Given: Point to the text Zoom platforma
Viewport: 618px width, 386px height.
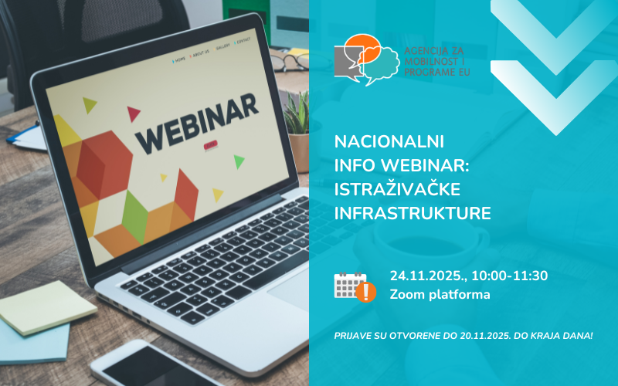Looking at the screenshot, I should pos(440,294).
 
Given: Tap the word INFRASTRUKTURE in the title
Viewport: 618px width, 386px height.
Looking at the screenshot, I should pos(413,213).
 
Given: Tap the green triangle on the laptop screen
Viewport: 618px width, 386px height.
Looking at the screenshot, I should pos(239,161).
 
